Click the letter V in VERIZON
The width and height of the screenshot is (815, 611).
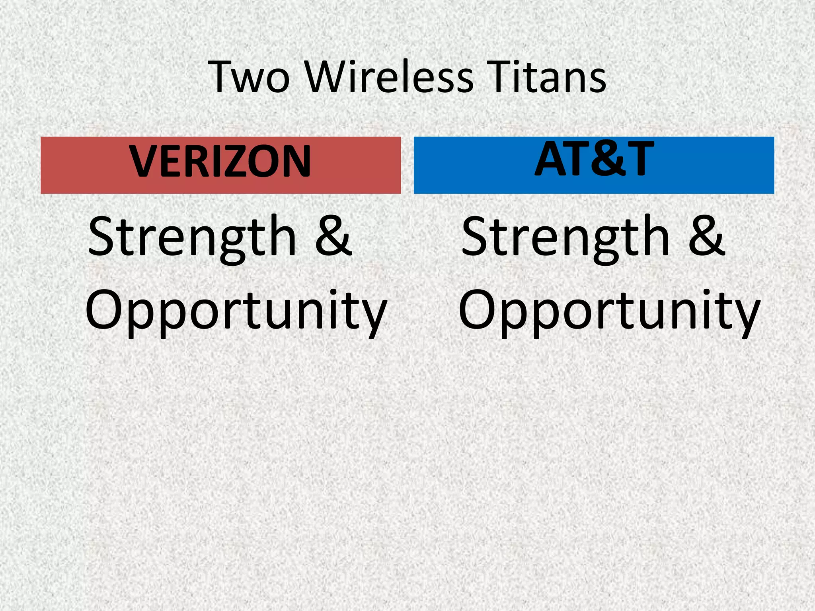[144, 161]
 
